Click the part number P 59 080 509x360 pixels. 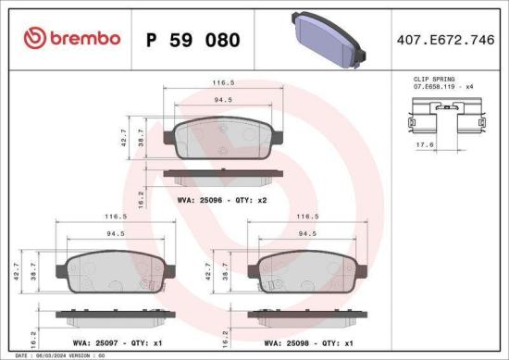coord(193,40)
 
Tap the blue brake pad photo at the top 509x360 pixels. coord(326,39)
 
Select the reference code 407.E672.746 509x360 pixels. coord(447,40)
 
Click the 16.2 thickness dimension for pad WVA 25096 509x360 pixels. coord(140,196)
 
